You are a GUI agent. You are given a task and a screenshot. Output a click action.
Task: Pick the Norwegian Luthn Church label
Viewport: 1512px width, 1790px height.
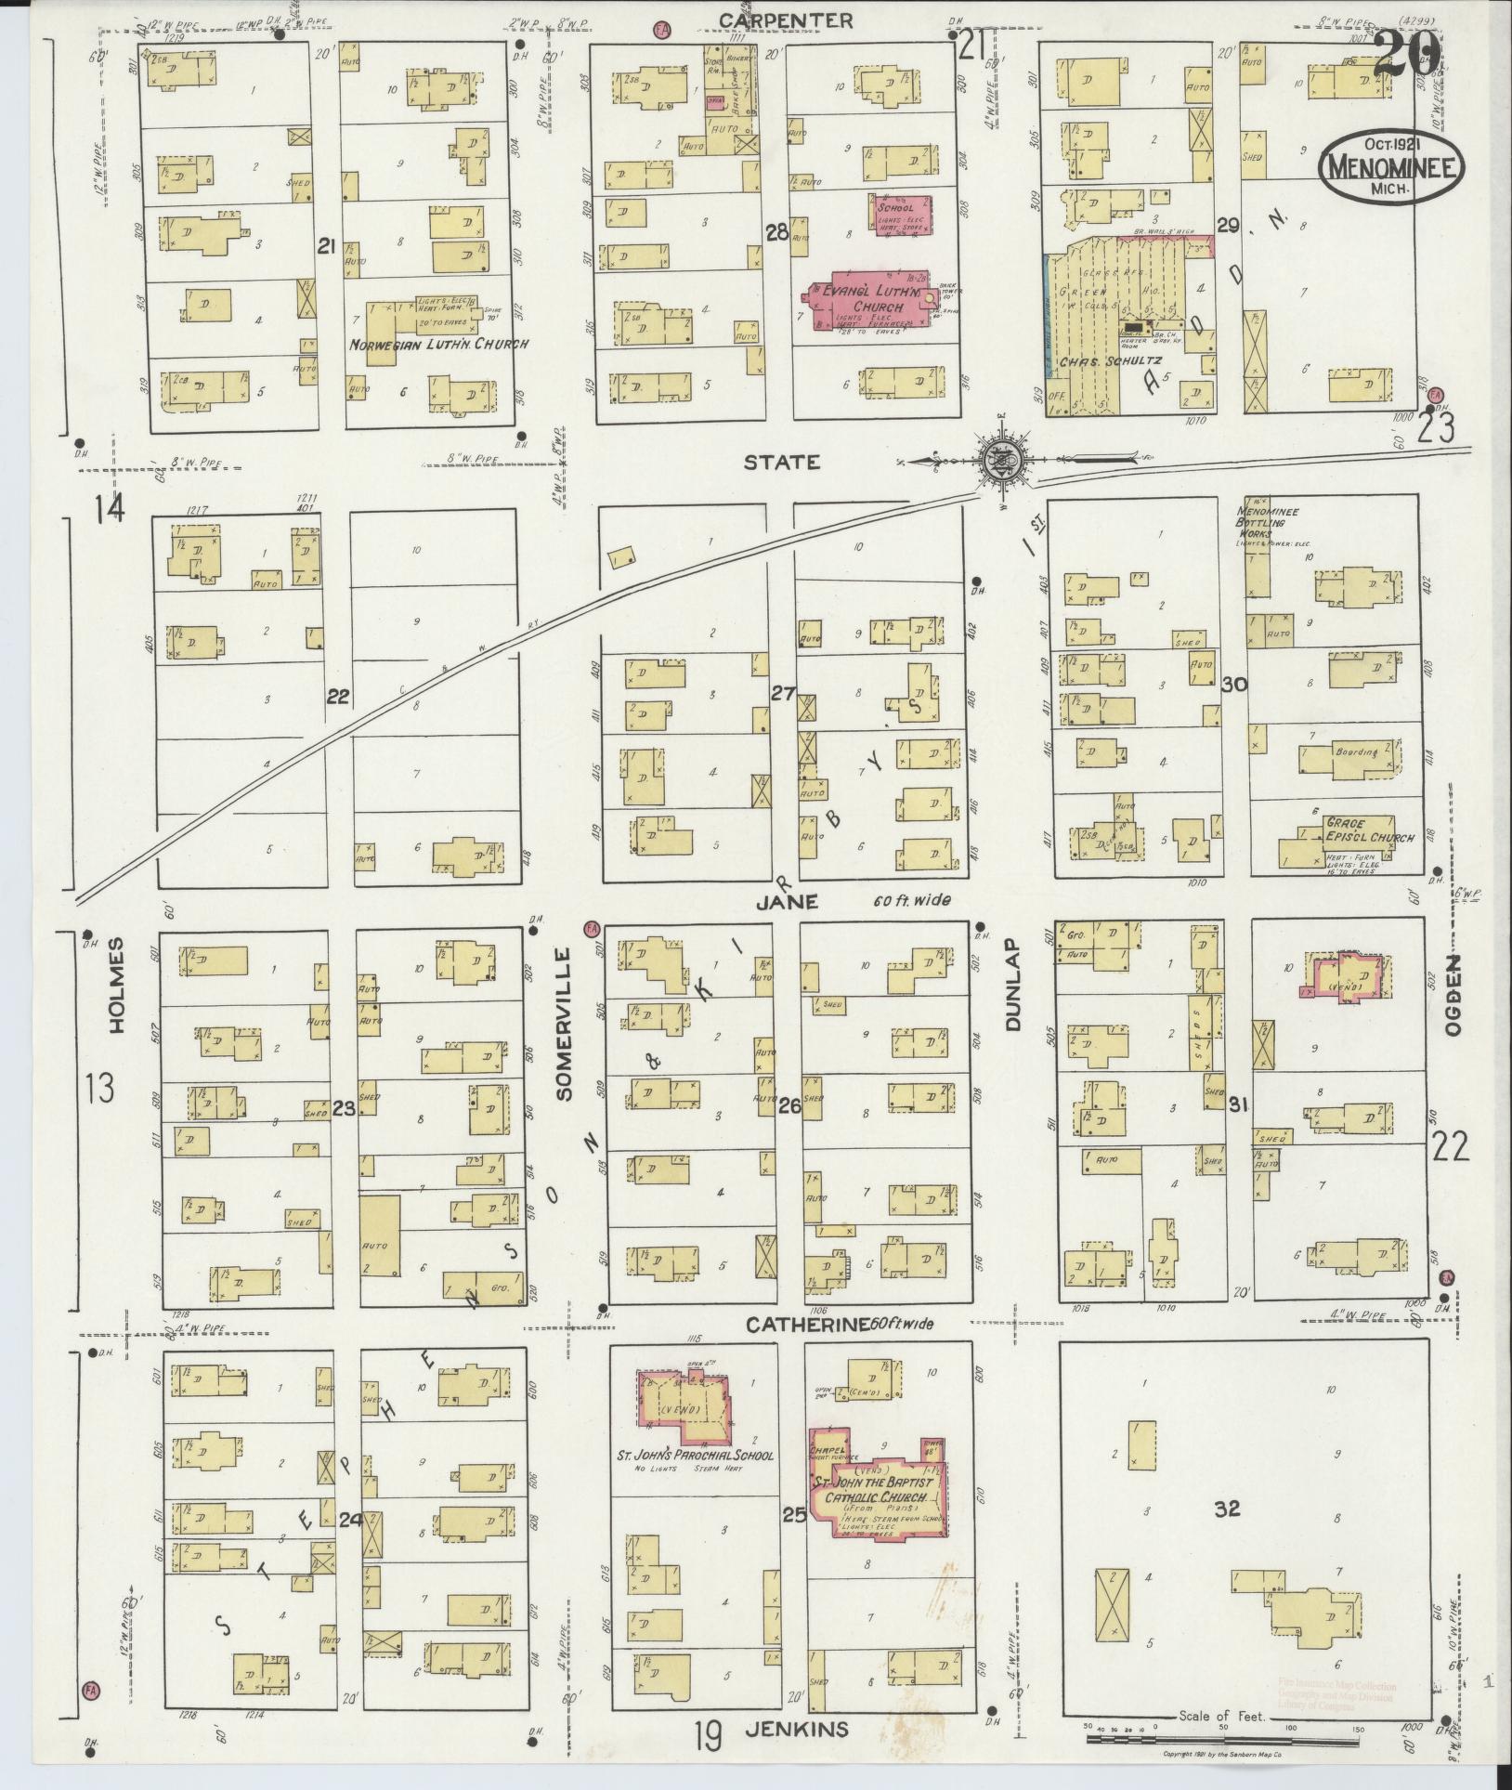(438, 345)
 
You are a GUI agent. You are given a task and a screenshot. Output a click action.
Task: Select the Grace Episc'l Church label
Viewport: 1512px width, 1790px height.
(1369, 830)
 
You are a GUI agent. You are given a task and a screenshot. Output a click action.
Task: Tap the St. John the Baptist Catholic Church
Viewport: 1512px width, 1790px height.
(877, 1484)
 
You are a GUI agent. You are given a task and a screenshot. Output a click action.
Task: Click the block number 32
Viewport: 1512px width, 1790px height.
(1227, 1509)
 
